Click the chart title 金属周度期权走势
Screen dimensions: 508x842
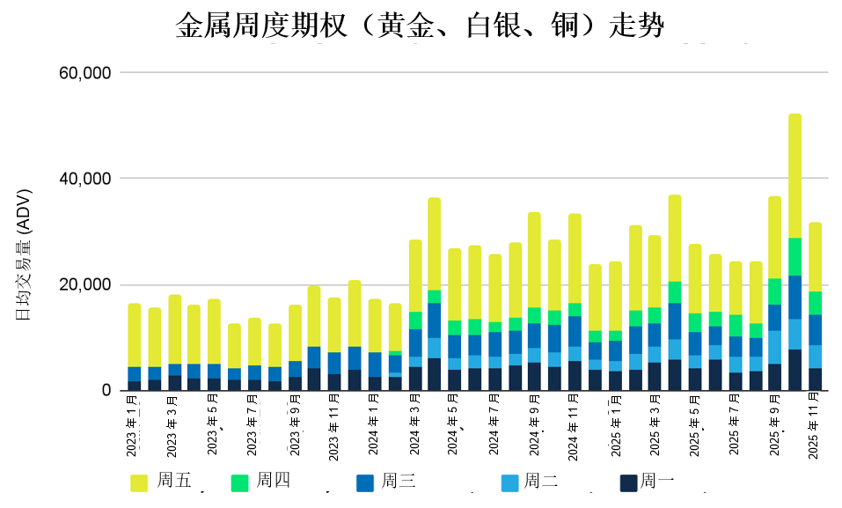click(x=420, y=26)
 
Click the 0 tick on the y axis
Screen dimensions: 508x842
click(x=105, y=391)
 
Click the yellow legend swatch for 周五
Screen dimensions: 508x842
click(x=139, y=482)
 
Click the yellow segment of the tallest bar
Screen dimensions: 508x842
click(x=794, y=176)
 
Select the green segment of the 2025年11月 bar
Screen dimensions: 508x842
click(x=815, y=303)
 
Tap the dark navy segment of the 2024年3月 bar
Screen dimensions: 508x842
click(x=415, y=379)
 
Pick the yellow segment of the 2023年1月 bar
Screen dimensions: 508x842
click(x=134, y=335)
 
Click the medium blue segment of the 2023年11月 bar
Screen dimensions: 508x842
click(x=334, y=363)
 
